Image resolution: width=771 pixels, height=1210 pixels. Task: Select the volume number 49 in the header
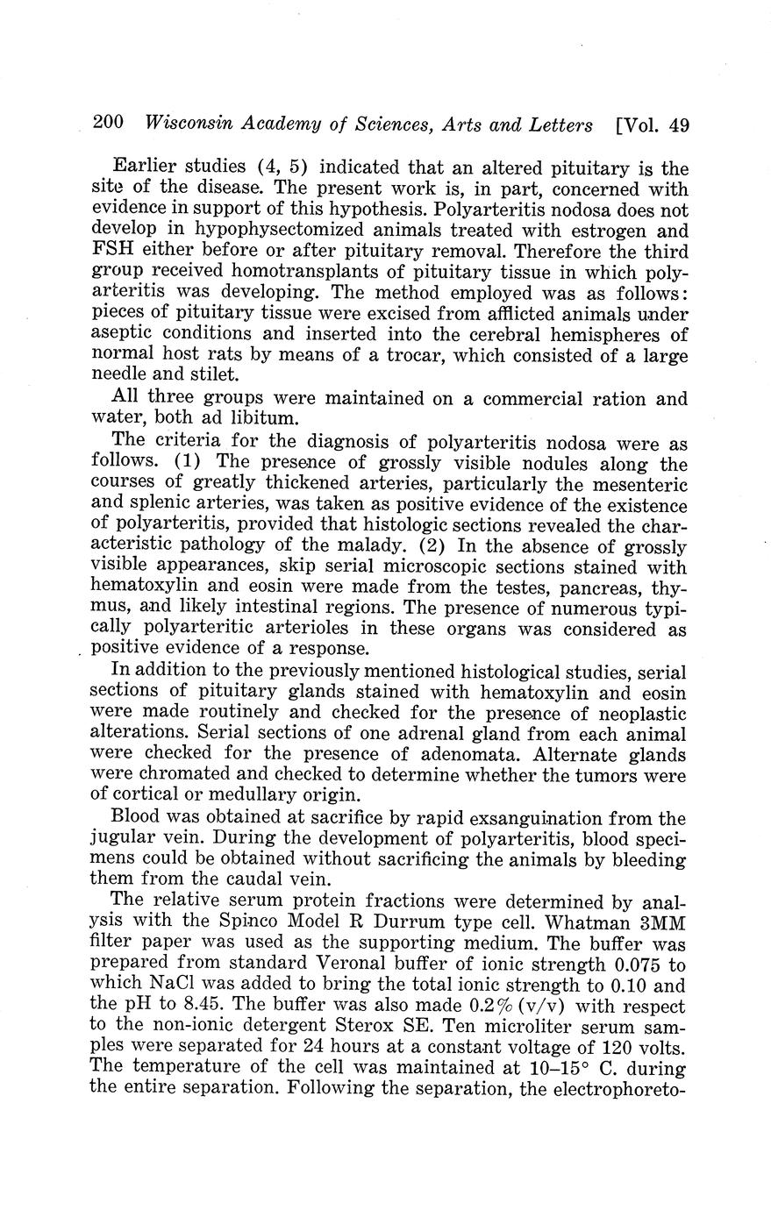[x=678, y=125]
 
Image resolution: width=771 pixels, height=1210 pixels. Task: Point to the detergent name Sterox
[x=418, y=1028]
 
